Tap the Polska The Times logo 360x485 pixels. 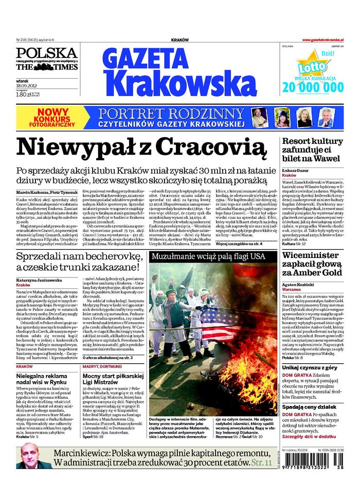[46, 60]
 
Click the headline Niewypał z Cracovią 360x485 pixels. [141, 146]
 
